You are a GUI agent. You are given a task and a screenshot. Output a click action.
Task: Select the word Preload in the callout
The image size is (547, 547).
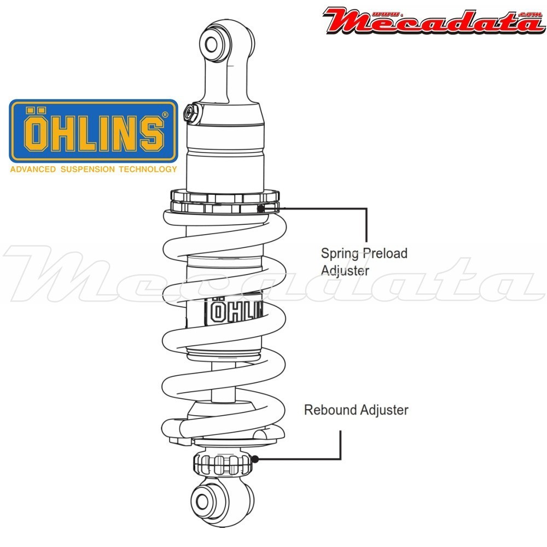[x=387, y=253]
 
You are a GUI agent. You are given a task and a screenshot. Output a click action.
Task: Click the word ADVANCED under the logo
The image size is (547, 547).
[x=32, y=169]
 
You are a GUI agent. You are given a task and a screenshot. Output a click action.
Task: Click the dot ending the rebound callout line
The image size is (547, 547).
[x=255, y=459]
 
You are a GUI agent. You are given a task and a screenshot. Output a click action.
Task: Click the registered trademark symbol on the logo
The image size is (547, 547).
[x=165, y=115]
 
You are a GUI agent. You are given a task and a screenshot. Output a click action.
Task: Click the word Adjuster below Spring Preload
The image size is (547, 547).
[x=345, y=270]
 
